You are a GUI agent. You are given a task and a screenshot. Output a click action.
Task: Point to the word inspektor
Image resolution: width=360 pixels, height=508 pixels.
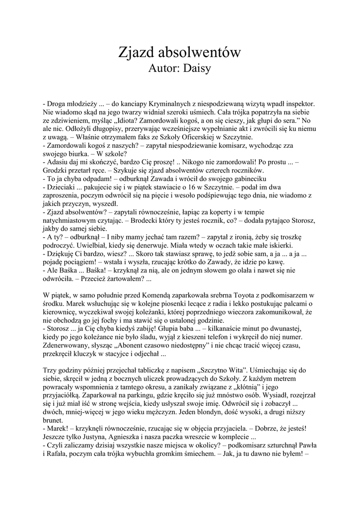pos(300,105)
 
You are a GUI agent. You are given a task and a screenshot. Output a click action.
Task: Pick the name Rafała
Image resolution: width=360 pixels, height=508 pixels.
pos(54,454)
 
